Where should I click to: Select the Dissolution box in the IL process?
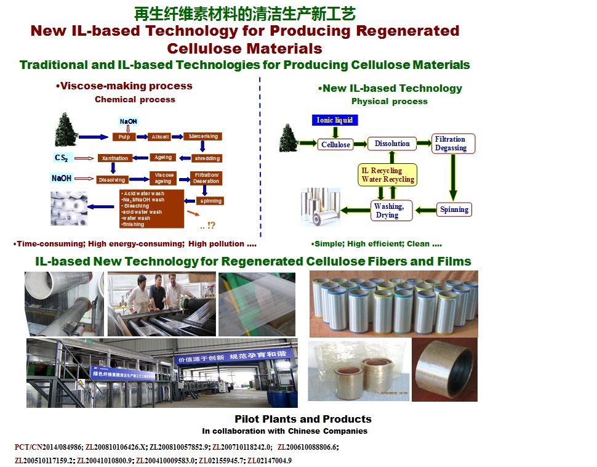coord(392,144)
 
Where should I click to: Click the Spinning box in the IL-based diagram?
coord(454,209)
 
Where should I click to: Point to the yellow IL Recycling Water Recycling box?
coord(388,175)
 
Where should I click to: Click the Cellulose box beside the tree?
coord(335,145)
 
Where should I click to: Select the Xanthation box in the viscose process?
coord(116,158)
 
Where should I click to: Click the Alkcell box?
coord(161,137)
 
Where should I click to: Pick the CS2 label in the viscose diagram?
coord(62,158)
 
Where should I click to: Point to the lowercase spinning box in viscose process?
coord(210,201)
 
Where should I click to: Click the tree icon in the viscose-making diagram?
coord(66,129)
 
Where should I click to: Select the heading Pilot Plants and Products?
coord(303,419)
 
